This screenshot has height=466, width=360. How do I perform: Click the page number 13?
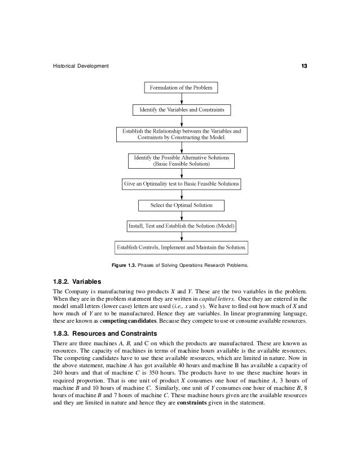pos(304,67)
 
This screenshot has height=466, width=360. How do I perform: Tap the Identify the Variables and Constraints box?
pos(181,109)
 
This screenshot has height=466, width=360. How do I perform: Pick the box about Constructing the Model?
pos(181,134)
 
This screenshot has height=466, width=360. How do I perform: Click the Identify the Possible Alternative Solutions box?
pos(181,160)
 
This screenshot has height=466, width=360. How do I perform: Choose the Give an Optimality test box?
pos(181,184)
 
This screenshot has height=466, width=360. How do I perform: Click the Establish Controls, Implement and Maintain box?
pos(181,247)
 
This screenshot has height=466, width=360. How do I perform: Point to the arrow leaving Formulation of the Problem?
pos(181,98)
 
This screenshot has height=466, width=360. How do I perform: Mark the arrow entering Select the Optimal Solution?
pos(181,194)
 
